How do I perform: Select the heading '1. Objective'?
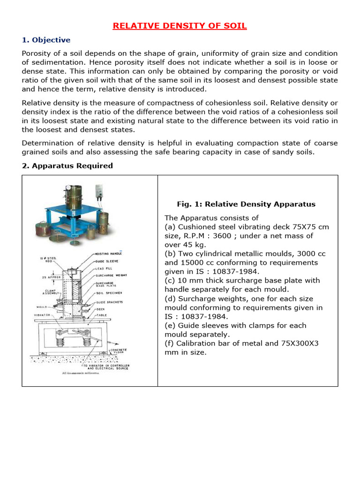(x=46, y=40)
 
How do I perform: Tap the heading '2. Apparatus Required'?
(x=67, y=165)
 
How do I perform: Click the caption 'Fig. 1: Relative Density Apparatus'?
(x=246, y=204)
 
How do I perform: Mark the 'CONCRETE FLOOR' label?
(x=118, y=351)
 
